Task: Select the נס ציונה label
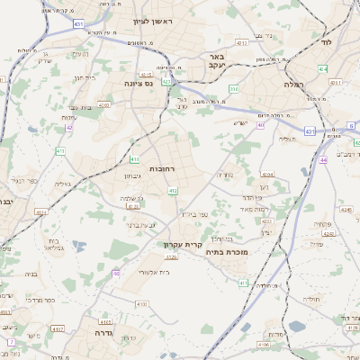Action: pos(141,82)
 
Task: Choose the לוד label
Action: pos(326,42)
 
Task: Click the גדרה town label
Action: pos(94,332)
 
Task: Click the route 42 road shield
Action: pos(69,128)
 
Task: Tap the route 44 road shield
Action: pos(322,160)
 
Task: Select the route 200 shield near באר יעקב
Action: pos(234,88)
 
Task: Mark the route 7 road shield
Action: pos(11,343)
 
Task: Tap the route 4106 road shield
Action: pos(263,343)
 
